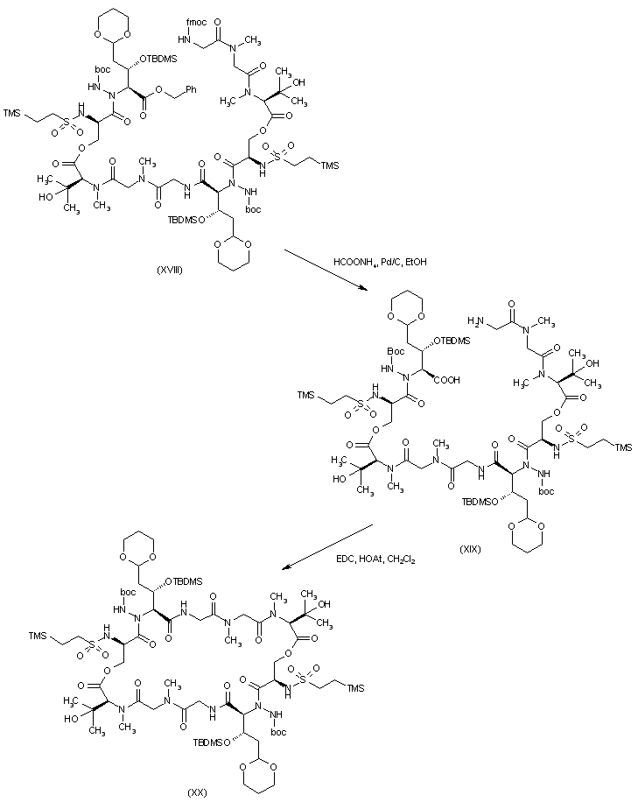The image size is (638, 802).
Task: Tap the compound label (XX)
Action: click(197, 791)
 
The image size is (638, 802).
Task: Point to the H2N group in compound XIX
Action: click(480, 322)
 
